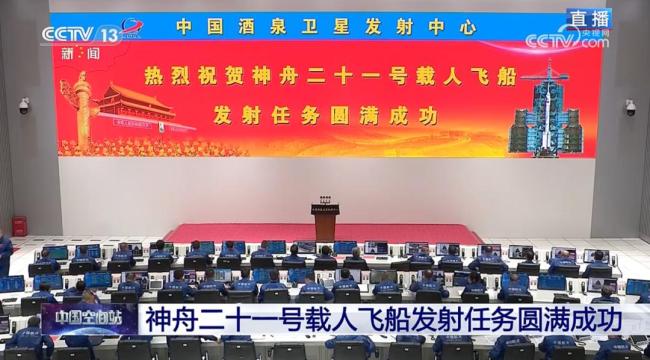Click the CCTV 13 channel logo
80,33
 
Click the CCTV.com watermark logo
567,41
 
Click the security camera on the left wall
24,105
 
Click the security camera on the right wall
629,106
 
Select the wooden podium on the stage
326,220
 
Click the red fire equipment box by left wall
20,226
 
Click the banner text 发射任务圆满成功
325,115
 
